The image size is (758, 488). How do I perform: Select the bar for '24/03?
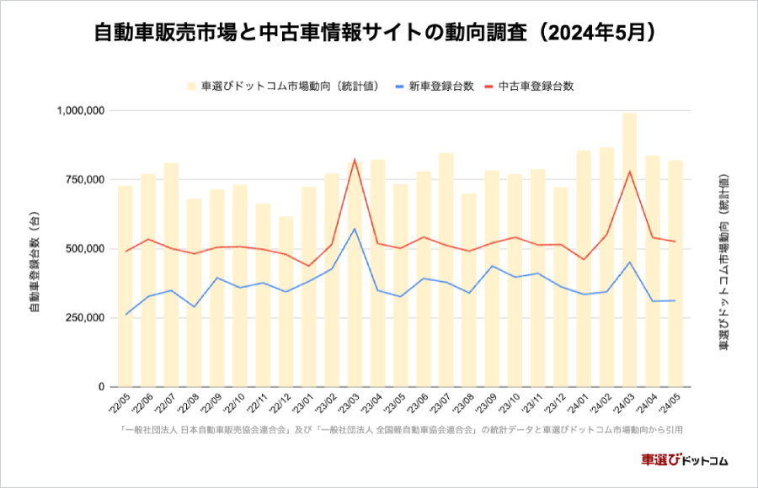(x=629, y=252)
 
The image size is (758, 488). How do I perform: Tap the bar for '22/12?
(x=286, y=303)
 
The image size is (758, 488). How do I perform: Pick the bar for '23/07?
(x=446, y=269)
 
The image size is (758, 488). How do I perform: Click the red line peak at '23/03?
(x=355, y=159)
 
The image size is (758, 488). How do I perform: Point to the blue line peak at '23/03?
(x=355, y=228)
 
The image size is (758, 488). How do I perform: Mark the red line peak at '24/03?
(x=629, y=172)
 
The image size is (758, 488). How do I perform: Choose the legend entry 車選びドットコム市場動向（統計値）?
(x=286, y=86)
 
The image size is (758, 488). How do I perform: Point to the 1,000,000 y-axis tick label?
(x=79, y=110)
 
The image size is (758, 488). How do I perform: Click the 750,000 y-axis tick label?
(x=85, y=179)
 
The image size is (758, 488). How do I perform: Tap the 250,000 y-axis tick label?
(x=85, y=317)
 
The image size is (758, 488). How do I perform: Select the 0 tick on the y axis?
(x=99, y=387)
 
